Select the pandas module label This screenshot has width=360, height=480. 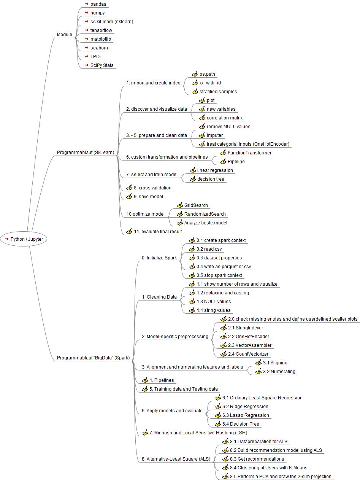click(98, 4)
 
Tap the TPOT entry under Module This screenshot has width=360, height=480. click(96, 57)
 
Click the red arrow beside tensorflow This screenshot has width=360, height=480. click(87, 30)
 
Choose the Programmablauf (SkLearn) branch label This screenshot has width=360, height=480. click(85, 153)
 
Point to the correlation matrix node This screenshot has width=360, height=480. click(224, 118)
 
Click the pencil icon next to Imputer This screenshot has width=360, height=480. click(202, 135)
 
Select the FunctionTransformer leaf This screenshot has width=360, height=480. click(249, 153)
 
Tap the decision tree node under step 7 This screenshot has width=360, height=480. click(211, 179)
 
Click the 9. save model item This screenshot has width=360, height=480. click(148, 197)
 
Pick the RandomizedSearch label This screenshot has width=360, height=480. click(205, 214)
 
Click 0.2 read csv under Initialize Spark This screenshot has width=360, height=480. click(209, 249)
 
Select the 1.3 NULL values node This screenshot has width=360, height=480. click(214, 302)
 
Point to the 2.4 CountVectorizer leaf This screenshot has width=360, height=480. click(248, 354)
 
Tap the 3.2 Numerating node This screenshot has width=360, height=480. click(279, 372)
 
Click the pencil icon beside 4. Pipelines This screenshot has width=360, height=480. click(144, 380)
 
